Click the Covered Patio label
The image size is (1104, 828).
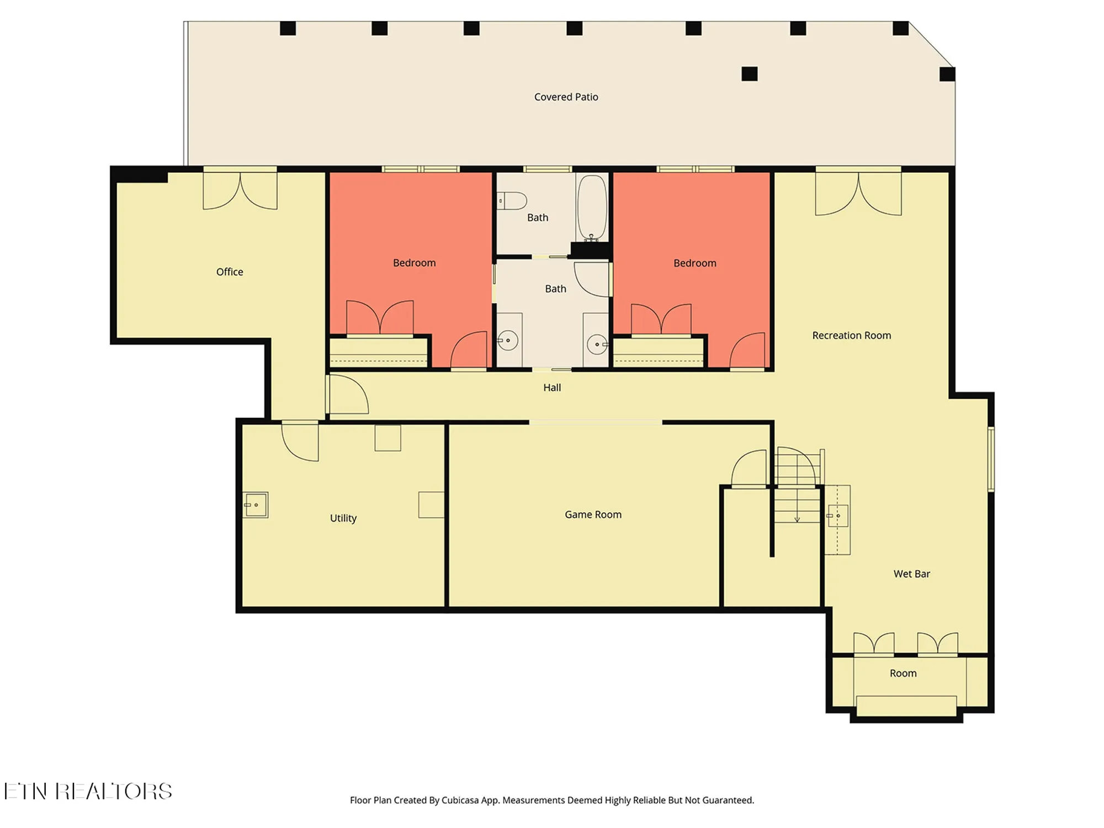point(566,97)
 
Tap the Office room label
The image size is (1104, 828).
point(229,272)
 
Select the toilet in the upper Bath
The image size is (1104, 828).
point(512,201)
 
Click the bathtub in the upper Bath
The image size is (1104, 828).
point(592,208)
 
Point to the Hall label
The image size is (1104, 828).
point(551,388)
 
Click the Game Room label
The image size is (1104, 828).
point(593,514)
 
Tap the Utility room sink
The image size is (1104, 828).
point(256,505)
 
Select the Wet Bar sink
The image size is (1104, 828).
point(837,516)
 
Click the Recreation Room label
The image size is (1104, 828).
point(851,336)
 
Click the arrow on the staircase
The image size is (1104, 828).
point(797,519)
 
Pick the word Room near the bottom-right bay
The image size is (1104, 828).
point(903,673)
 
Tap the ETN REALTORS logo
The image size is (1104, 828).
point(88,792)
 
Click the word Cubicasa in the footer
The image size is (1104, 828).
point(460,800)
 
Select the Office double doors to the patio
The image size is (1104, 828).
point(240,190)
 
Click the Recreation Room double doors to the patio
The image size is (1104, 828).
point(858,193)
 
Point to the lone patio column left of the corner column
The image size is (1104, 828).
point(749,73)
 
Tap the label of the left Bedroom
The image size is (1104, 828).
point(414,263)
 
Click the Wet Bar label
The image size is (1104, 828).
point(911,574)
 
